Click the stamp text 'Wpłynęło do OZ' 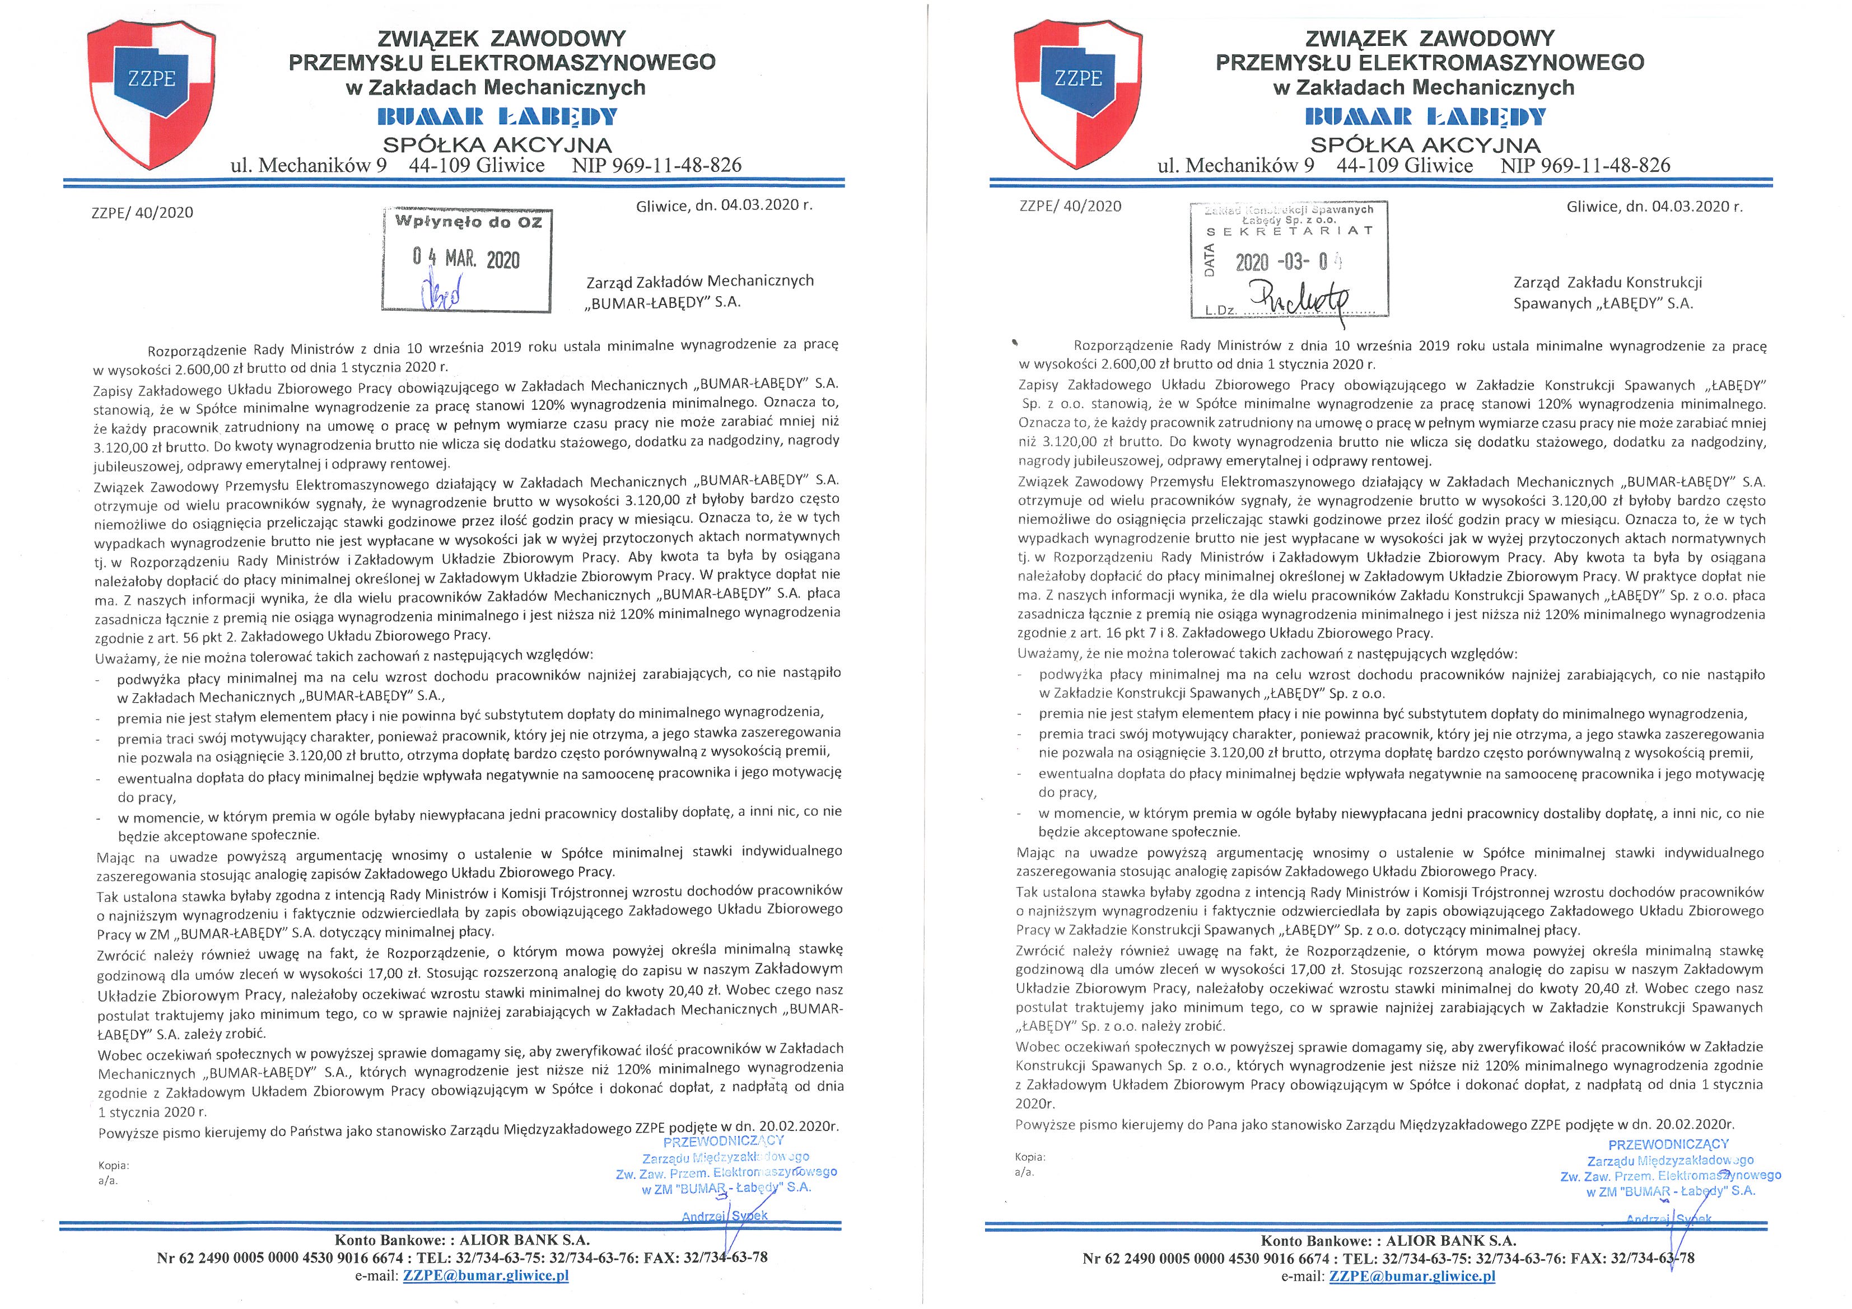(x=467, y=222)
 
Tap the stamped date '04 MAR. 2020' (x=467, y=258)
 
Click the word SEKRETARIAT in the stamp (x=1289, y=231)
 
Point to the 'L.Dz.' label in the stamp (x=1221, y=309)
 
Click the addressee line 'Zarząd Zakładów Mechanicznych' (x=699, y=280)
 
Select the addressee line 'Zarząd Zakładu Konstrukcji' (x=1608, y=282)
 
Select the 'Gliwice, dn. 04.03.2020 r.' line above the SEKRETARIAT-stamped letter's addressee (x=1654, y=207)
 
